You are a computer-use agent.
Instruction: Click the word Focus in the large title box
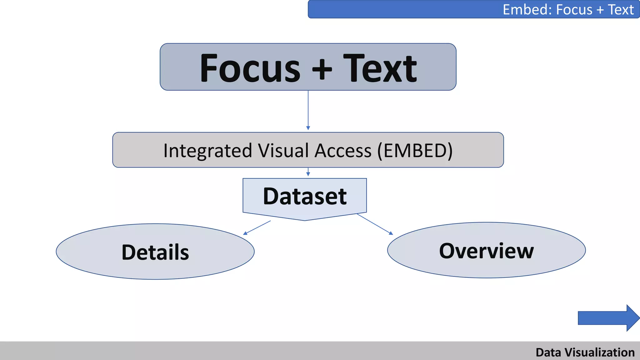[250, 68]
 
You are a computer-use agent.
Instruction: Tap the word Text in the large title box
[380, 68]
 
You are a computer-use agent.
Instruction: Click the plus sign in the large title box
[322, 69]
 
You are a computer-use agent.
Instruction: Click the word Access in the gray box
[343, 151]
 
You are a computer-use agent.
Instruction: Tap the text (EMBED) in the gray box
[415, 151]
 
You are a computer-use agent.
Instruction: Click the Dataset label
[305, 197]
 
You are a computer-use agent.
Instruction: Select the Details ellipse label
[155, 252]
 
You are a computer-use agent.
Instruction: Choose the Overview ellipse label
[486, 251]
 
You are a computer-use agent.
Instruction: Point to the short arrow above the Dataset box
[308, 172]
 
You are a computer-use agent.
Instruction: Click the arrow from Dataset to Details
[257, 227]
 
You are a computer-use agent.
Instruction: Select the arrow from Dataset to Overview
[375, 224]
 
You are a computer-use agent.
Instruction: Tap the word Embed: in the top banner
[527, 10]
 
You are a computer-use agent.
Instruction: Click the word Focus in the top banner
[574, 10]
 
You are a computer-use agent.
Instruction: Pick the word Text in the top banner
[621, 10]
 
